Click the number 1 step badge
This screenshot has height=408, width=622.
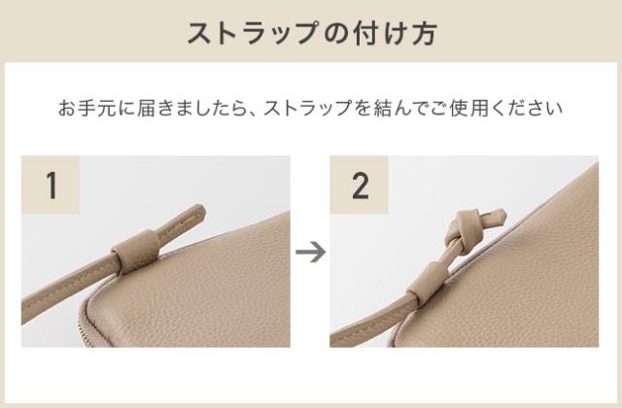[x=51, y=186]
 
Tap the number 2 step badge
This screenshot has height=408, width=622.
[x=360, y=186]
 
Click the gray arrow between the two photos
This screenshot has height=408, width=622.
[x=310, y=253]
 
